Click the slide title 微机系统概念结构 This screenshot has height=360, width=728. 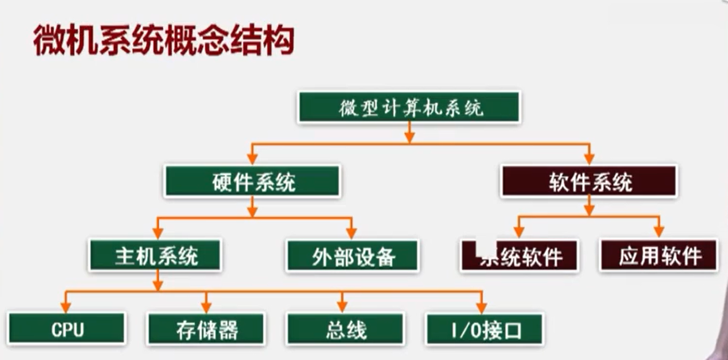[x=163, y=41]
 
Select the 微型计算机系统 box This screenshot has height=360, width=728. [x=409, y=107]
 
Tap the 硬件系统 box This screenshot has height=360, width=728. [x=253, y=181]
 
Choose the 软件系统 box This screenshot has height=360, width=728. [x=588, y=181]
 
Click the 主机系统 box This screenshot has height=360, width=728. [x=156, y=255]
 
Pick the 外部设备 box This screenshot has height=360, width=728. [x=352, y=256]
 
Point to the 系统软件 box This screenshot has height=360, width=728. [x=519, y=256]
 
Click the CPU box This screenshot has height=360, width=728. [x=67, y=329]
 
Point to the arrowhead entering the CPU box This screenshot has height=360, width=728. [x=65, y=306]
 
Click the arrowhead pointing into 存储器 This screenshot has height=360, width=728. [x=206, y=306]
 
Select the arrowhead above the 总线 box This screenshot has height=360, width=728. [x=341, y=306]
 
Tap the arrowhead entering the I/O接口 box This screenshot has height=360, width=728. [x=481, y=306]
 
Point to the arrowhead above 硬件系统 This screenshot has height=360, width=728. [x=253, y=158]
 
